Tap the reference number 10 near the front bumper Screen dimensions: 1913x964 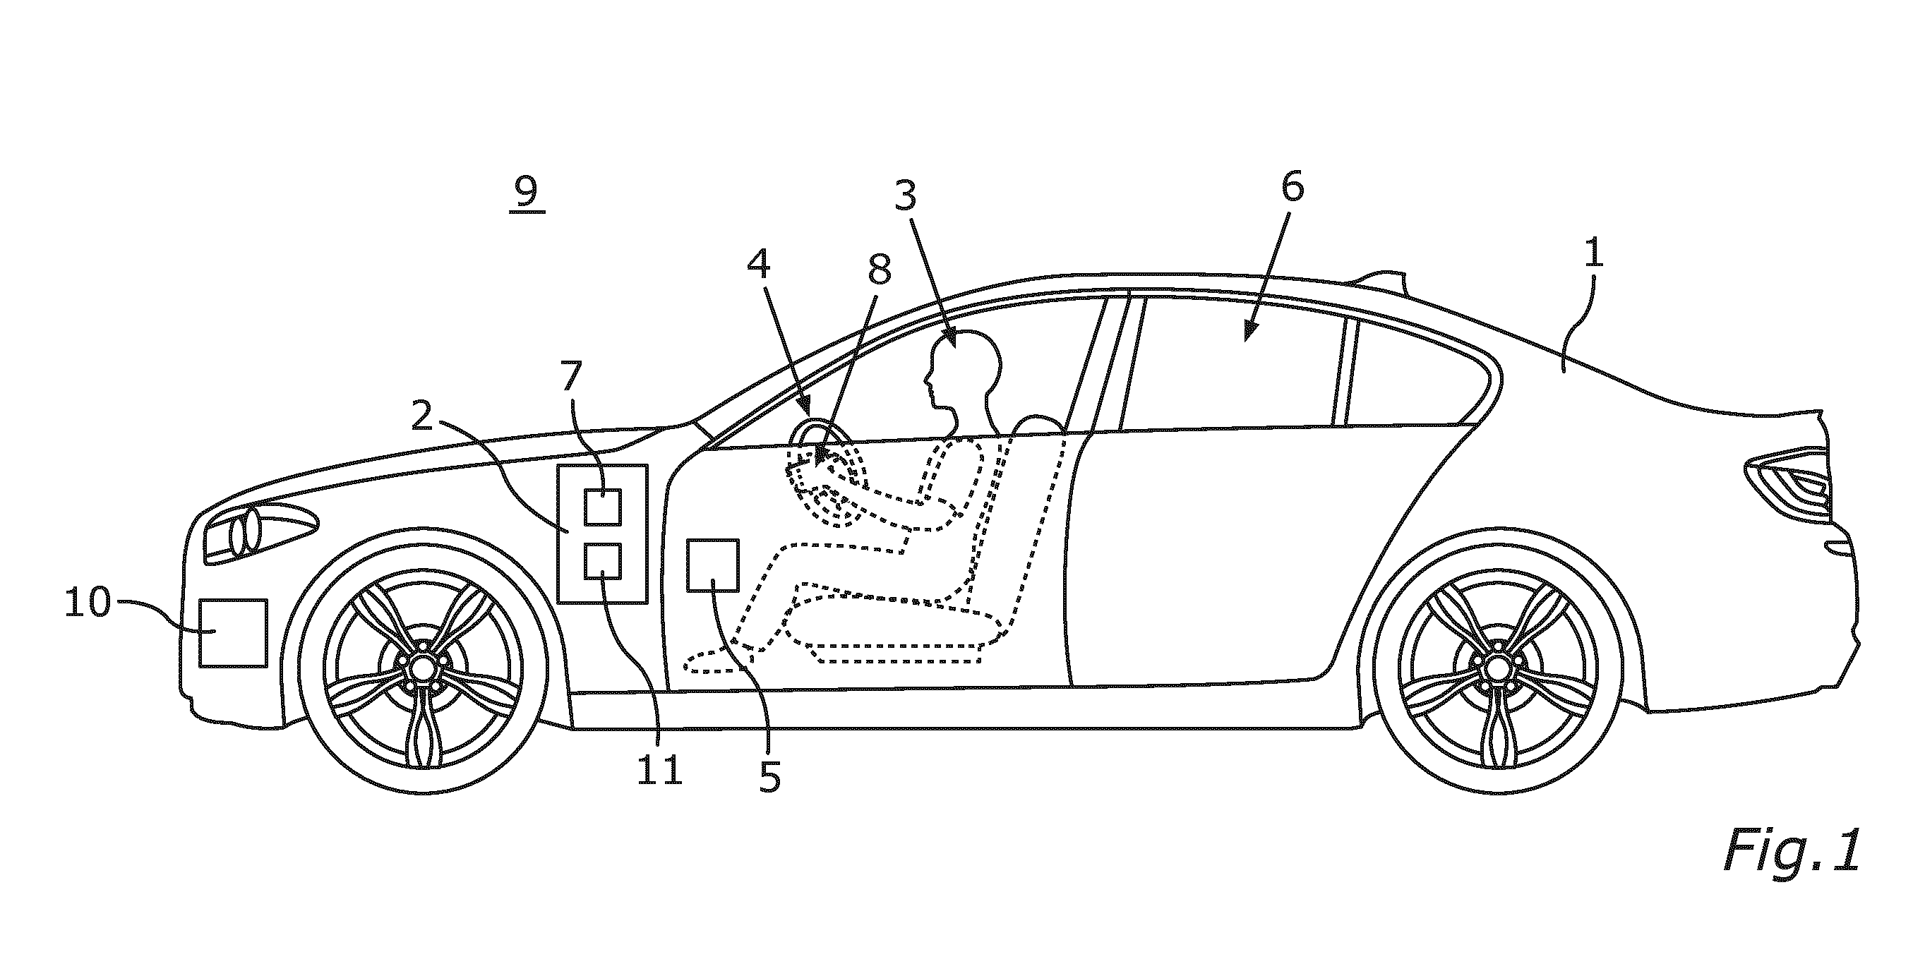pos(88,603)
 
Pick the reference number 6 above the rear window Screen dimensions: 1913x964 pos(1291,188)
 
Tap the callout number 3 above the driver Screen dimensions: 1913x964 pos(904,196)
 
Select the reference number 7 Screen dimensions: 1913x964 pos(570,376)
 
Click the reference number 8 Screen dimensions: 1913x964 pos(880,270)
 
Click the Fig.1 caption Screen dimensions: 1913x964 pos(1791,851)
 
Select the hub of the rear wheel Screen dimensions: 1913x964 pos(1492,668)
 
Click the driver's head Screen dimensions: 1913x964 pos(963,373)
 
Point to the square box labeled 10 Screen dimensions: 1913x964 pos(233,633)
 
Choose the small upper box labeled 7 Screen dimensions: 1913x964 pos(602,507)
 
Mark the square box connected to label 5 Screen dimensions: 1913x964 pos(713,565)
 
